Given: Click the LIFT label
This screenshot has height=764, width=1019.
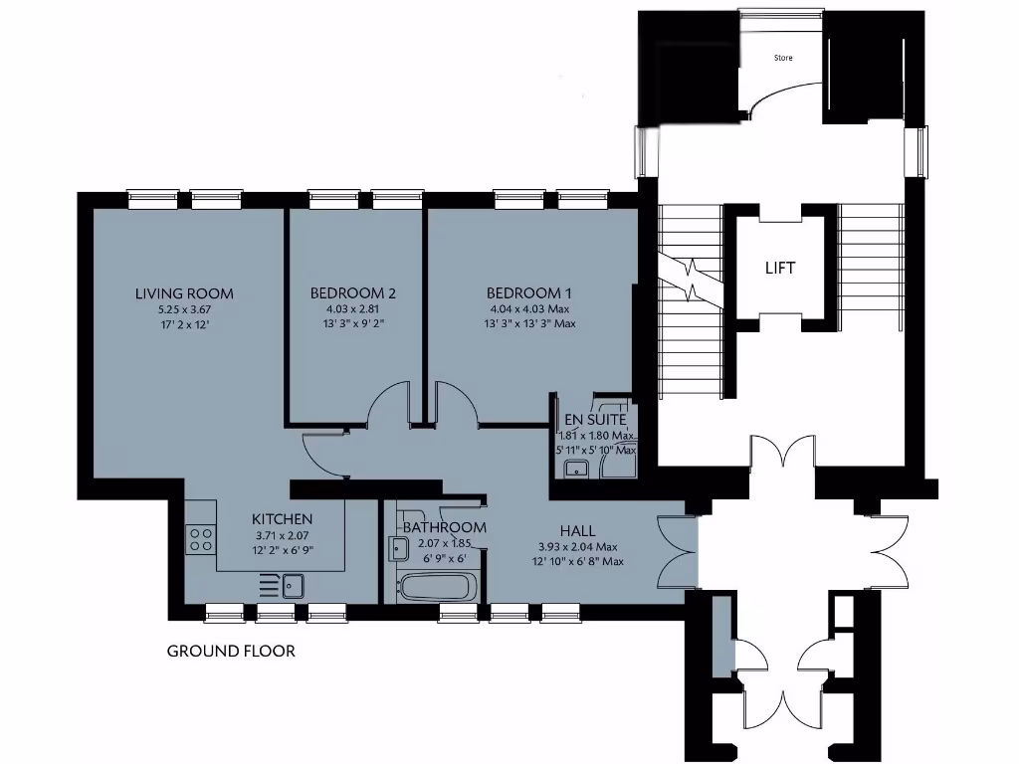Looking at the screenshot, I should coord(780,269).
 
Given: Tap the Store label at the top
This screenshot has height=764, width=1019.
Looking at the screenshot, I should coord(784,58).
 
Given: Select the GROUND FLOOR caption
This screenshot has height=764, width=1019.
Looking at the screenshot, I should coord(231,652).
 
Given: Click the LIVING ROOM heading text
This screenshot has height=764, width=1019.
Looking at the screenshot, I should coord(184,292).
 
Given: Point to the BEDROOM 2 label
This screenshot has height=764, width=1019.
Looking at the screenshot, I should coord(353,292).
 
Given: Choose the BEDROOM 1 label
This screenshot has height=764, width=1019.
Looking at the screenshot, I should coord(529,292).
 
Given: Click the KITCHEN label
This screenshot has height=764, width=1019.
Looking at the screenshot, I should coord(283,519).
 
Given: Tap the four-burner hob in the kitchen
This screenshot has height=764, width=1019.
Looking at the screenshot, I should coord(200,538).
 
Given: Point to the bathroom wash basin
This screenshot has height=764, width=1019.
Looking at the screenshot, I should coord(398,547).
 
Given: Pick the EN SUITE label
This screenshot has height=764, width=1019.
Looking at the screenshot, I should coord(595,420).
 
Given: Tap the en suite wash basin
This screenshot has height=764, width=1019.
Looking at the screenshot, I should coord(574,469).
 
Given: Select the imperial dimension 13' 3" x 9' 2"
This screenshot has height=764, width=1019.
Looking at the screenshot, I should coord(353,323).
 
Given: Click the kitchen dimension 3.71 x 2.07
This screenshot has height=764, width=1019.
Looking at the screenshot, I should coord(283,535).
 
